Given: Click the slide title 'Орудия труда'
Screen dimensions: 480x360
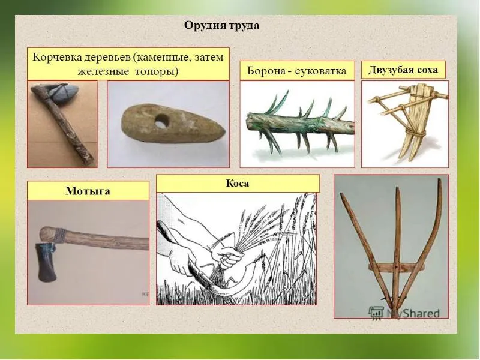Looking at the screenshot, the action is pos(221,25).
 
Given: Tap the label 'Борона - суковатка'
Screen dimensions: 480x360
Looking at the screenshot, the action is pos(296,71).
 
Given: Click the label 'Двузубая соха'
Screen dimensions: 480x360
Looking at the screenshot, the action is pos(403,70).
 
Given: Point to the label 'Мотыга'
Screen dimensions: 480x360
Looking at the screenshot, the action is pos(88,191).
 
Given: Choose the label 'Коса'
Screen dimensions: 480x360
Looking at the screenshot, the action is pos(238,184).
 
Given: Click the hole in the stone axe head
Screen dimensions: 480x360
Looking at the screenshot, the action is pos(161,122).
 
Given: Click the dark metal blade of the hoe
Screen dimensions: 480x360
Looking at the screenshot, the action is pos(47,262).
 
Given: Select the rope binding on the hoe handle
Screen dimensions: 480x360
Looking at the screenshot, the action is pos(61,236).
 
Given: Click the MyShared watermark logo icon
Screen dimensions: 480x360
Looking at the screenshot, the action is pos(376,313).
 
